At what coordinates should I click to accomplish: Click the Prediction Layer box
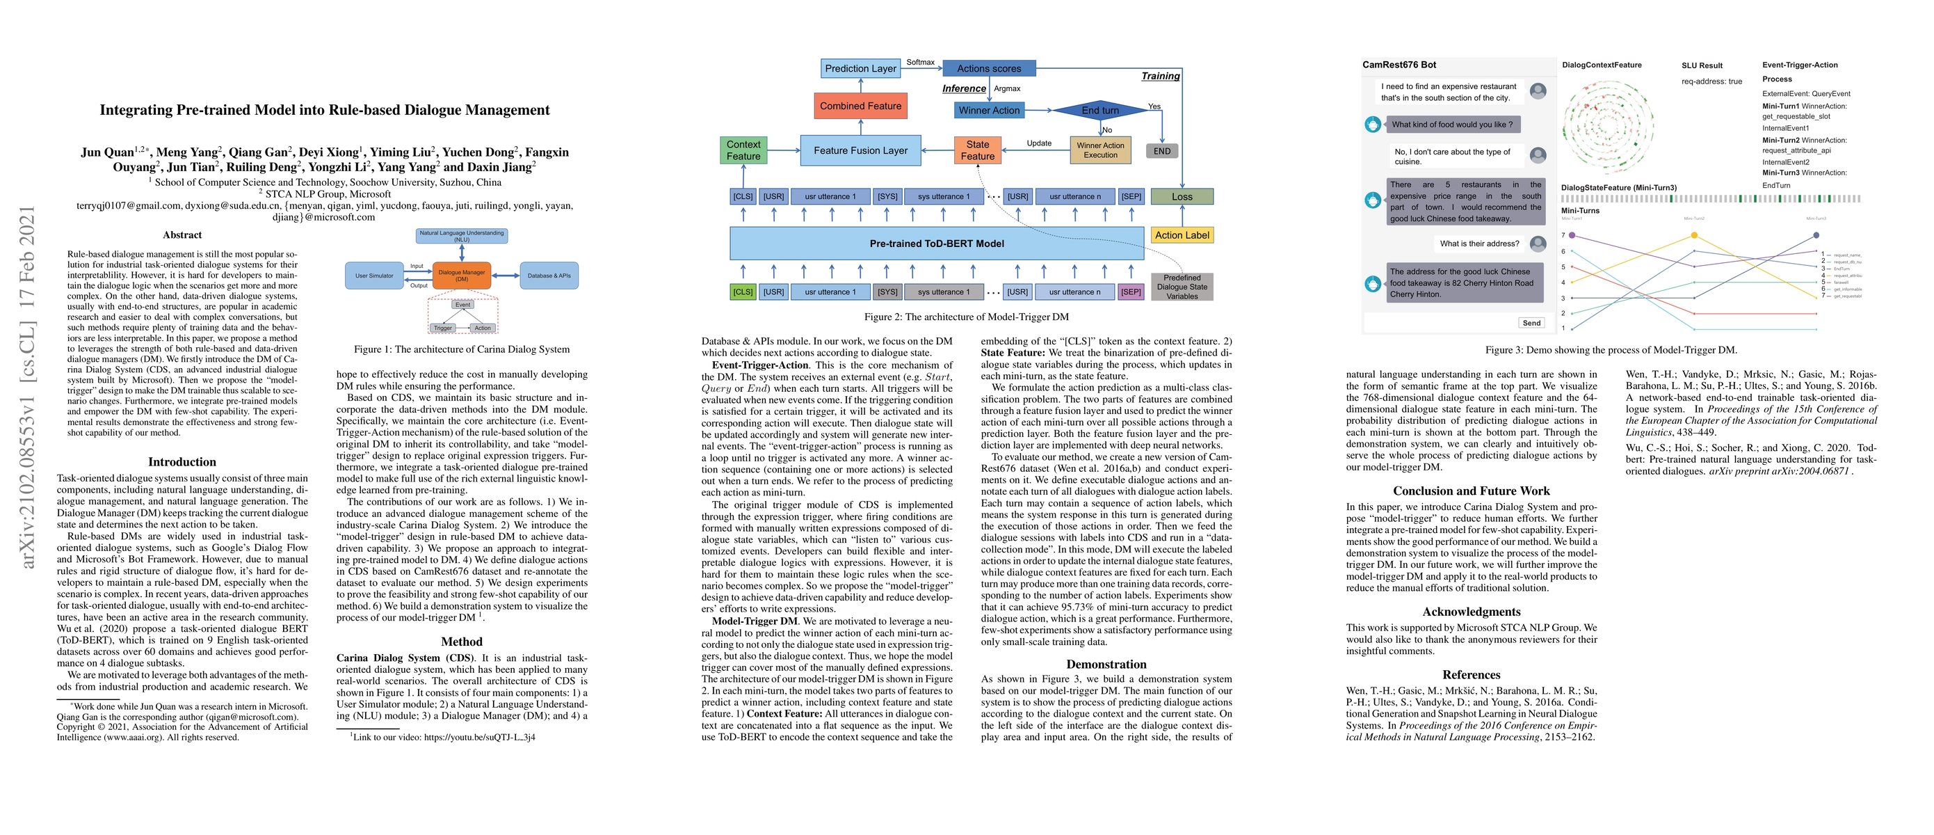[860, 68]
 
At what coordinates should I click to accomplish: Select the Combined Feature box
[860, 106]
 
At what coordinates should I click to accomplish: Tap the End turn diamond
[1100, 111]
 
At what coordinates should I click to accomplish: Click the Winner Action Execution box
[1100, 150]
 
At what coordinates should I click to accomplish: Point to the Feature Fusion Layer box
[860, 150]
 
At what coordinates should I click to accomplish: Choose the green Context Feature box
[743, 150]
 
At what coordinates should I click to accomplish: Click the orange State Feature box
[977, 150]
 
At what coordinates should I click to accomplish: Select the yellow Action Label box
[1182, 235]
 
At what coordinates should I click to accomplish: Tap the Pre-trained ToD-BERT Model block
[936, 244]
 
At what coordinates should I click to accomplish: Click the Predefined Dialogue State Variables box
[1182, 287]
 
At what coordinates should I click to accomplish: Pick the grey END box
[1161, 151]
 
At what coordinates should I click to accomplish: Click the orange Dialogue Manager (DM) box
[462, 276]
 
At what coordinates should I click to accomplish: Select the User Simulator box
[374, 276]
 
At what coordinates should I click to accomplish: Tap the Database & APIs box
[549, 276]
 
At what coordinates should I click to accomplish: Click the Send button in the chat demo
[1531, 323]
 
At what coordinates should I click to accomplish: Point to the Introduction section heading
[182, 462]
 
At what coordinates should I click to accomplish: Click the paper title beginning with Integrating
[324, 110]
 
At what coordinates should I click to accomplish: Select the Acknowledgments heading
[1471, 611]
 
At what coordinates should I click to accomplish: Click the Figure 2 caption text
[966, 317]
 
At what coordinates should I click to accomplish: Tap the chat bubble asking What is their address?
[1479, 244]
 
